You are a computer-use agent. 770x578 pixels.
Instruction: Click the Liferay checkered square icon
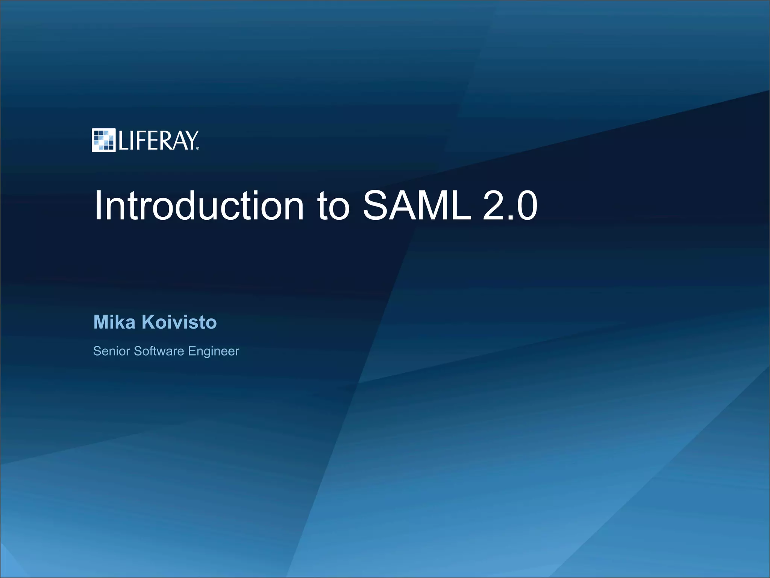click(x=103, y=140)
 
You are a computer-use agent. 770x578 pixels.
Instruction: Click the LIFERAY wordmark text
click(x=158, y=141)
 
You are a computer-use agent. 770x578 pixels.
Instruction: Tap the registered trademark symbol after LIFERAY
click(x=198, y=148)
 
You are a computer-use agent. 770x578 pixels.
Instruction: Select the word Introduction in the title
click(x=199, y=206)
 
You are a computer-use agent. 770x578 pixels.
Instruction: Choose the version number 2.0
click(x=510, y=206)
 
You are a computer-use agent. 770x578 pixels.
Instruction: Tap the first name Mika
click(x=114, y=322)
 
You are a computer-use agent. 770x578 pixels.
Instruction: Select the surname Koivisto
click(x=179, y=322)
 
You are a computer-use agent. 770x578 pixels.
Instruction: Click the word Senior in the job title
click(x=112, y=351)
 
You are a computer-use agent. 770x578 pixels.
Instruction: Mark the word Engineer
click(x=214, y=351)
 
